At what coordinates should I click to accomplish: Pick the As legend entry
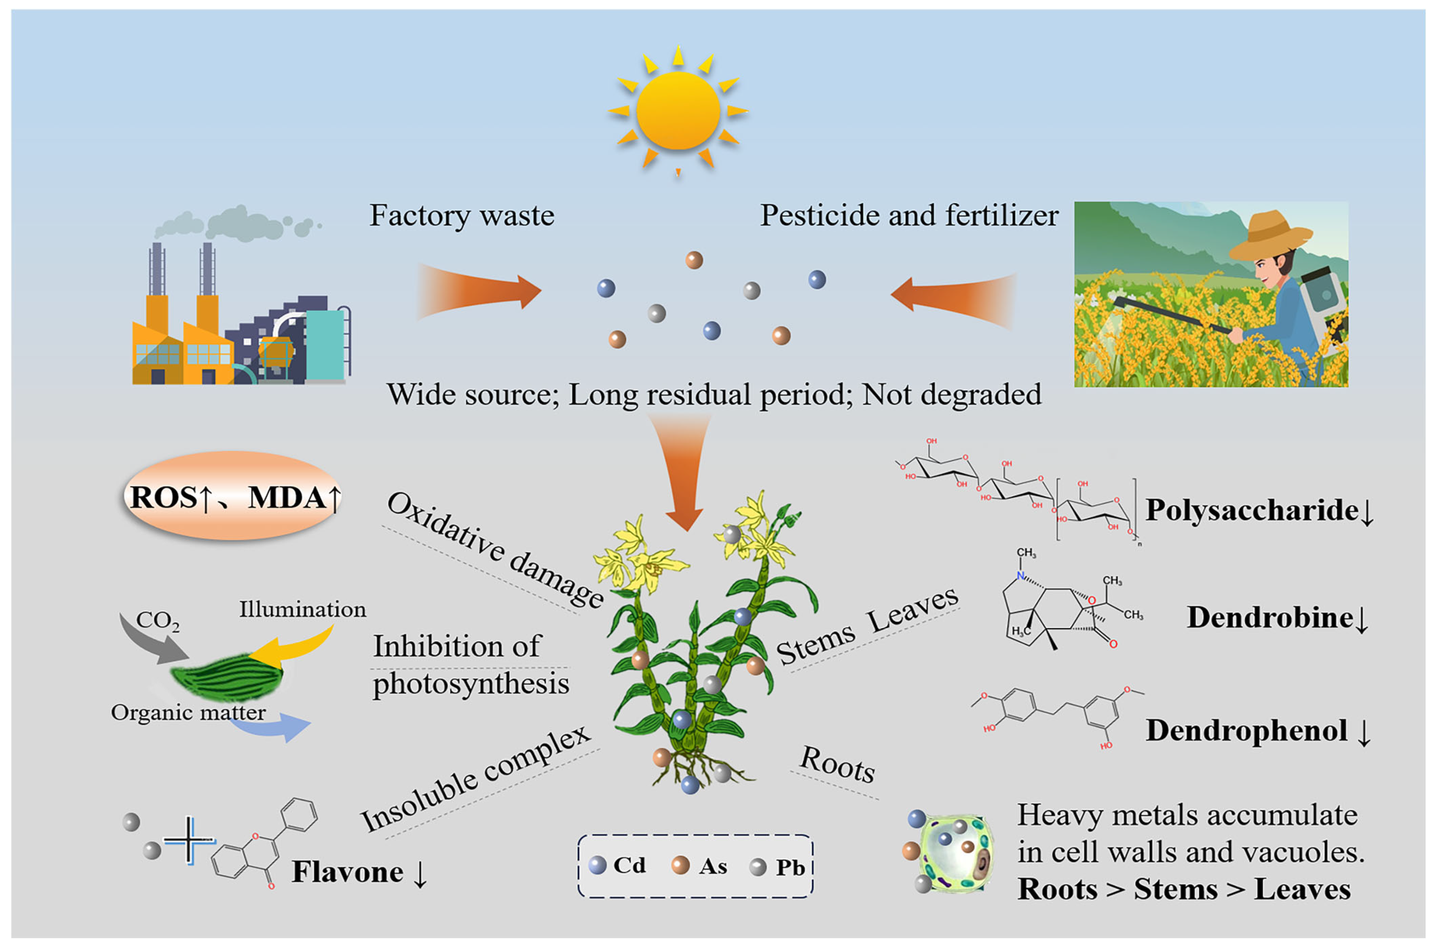click(x=700, y=866)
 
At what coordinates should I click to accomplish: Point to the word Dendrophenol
click(x=1246, y=730)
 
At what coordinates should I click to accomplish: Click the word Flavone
click(x=347, y=872)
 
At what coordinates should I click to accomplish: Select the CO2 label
click(x=157, y=620)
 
